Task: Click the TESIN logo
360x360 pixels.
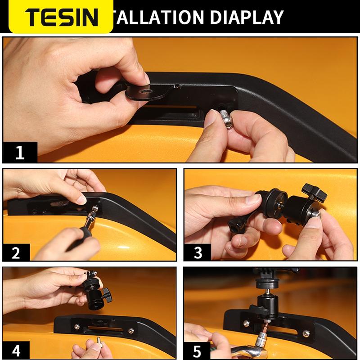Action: point(61,17)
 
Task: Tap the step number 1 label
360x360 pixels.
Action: point(19,153)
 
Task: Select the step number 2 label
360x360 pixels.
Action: point(16,252)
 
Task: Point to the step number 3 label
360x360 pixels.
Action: point(198,252)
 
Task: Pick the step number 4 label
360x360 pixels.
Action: point(16,350)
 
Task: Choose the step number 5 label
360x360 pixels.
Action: point(198,350)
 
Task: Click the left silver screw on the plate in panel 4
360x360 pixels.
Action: point(76,328)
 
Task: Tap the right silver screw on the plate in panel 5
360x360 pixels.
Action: point(306,333)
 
